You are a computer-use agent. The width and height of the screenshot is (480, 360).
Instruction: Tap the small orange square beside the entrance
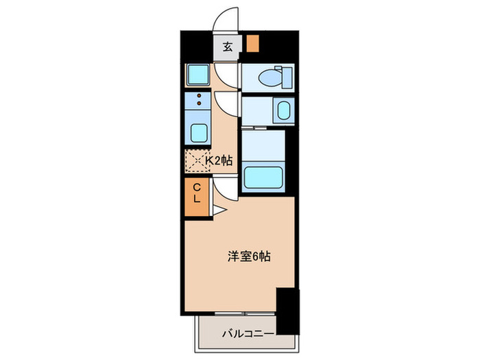click(x=252, y=43)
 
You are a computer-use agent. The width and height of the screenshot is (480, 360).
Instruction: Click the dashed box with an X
click(x=195, y=161)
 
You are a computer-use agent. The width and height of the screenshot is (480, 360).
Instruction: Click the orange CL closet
click(x=197, y=195)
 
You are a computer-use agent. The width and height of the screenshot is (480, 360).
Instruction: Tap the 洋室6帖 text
click(x=249, y=257)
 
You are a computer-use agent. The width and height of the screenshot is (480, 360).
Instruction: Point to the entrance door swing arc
click(x=224, y=21)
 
